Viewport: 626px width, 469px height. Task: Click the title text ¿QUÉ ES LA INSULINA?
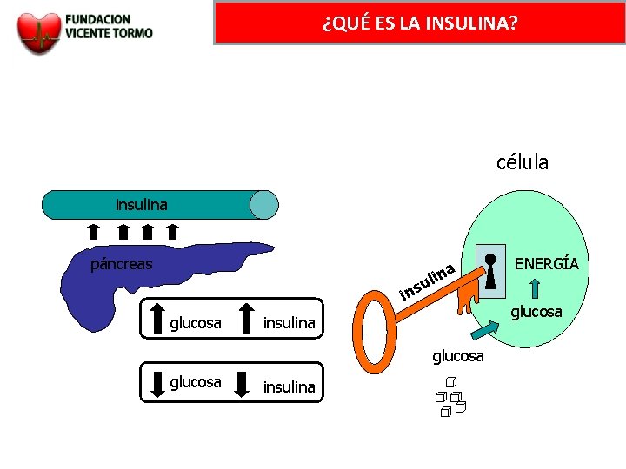419,22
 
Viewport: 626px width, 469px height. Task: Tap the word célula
523,162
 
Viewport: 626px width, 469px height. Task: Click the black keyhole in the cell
492,271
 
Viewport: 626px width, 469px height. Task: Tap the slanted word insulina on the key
428,281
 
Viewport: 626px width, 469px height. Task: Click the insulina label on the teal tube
142,206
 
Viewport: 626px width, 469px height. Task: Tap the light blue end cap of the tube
263,205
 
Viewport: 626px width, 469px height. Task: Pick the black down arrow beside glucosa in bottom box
157,383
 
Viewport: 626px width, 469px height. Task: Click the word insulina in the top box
289,323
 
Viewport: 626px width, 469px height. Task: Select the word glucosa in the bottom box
196,382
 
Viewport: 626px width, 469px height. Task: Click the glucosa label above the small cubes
458,357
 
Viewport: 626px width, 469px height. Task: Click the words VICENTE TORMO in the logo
109,33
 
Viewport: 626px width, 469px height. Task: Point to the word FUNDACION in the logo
97,18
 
